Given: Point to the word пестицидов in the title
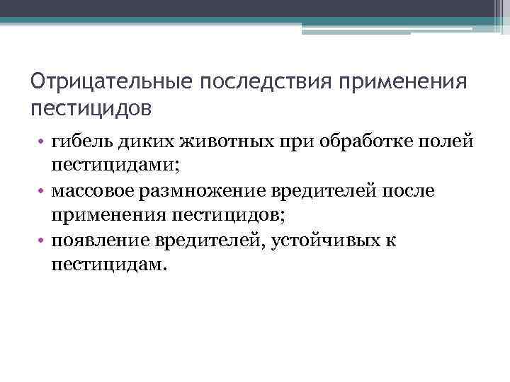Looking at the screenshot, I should [x=91, y=109].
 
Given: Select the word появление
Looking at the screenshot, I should [x=96, y=241].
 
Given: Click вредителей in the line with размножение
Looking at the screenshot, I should [x=318, y=192].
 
